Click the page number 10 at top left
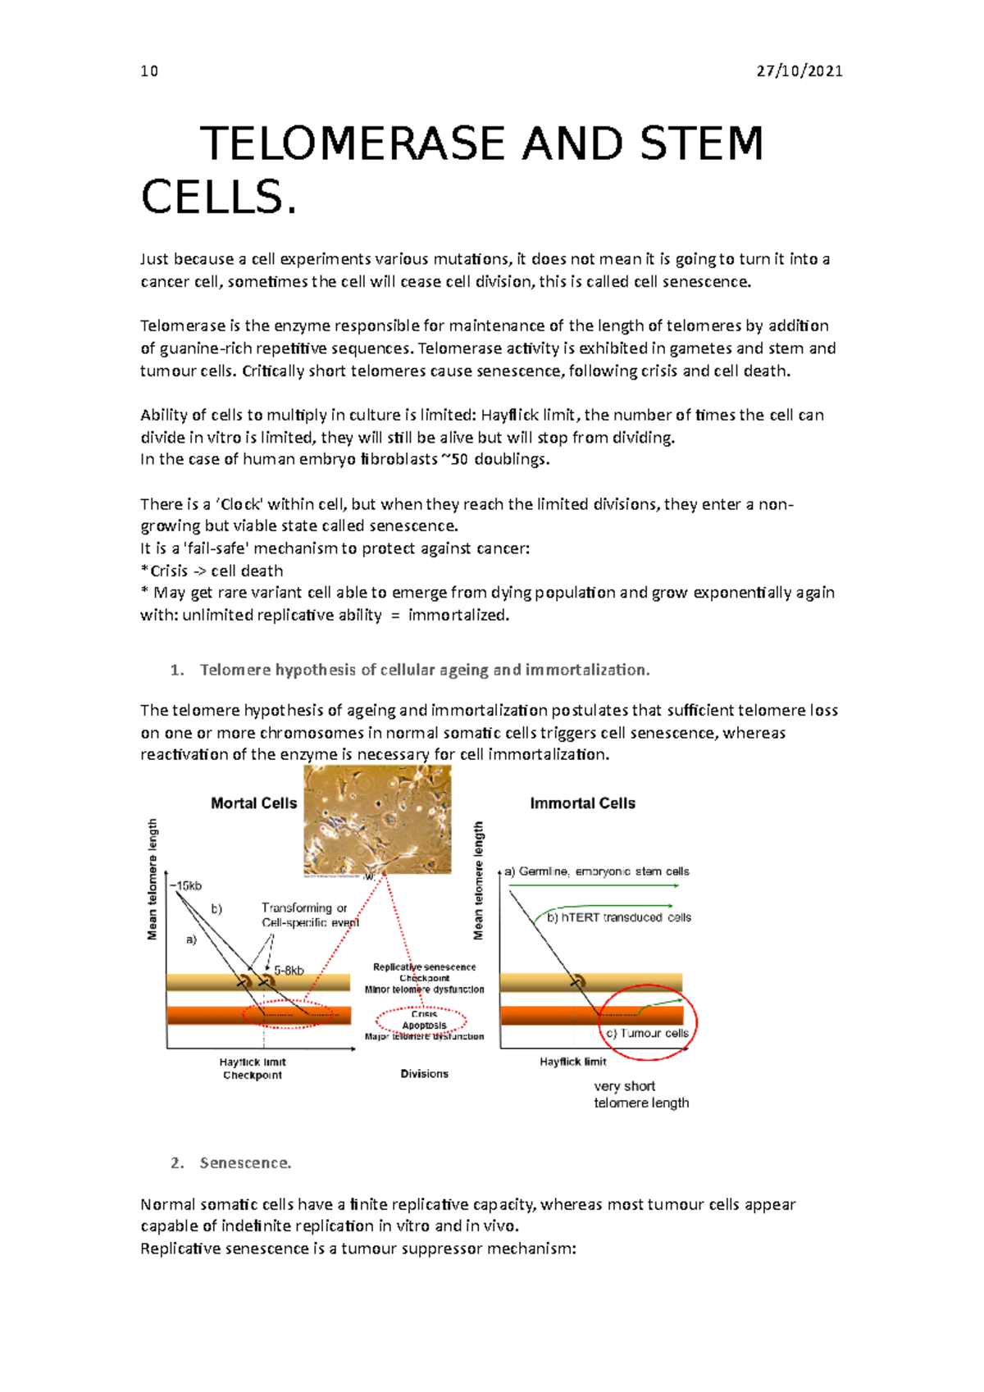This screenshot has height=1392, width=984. (x=149, y=71)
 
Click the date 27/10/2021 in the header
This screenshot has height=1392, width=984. (x=799, y=71)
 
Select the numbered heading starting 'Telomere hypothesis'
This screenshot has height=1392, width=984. (x=424, y=670)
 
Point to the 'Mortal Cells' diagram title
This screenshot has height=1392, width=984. (x=253, y=803)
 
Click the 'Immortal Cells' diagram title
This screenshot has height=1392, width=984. (x=582, y=803)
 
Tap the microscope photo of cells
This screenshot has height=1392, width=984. (x=377, y=819)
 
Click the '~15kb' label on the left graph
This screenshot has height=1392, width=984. (x=186, y=885)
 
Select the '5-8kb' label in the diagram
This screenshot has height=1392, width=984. (x=289, y=970)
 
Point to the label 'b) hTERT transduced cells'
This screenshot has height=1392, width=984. (x=618, y=917)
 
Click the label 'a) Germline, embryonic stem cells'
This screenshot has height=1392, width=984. (x=598, y=871)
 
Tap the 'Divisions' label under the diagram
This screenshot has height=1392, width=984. (x=424, y=1074)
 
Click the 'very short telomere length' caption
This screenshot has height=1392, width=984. (x=640, y=1094)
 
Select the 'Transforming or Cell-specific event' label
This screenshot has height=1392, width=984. (x=309, y=915)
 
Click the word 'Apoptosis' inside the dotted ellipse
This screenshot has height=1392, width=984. (x=424, y=1026)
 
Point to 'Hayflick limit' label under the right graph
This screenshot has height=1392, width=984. (x=572, y=1062)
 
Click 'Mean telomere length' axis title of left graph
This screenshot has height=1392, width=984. (x=153, y=879)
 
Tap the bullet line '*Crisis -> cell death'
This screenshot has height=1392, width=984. (x=212, y=571)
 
